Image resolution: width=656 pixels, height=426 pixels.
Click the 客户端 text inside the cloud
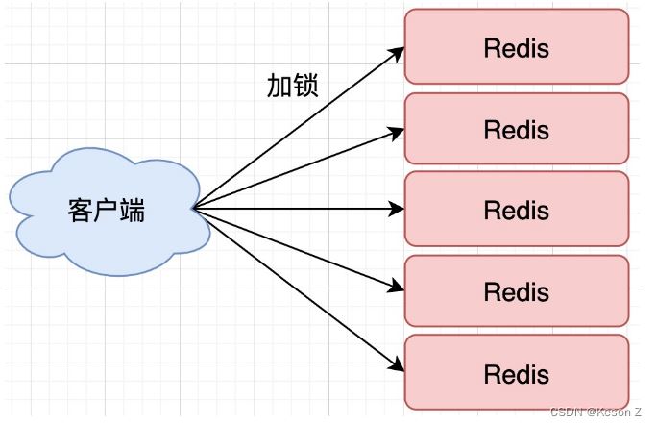[x=107, y=211]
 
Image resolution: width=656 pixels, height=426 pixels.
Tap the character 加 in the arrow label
[x=279, y=86]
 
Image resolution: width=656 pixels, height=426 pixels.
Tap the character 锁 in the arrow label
[x=305, y=86]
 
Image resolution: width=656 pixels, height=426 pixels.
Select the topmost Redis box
[x=517, y=47]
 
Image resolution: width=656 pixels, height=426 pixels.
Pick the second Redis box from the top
[x=517, y=129]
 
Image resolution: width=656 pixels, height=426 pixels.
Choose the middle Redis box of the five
[x=517, y=209]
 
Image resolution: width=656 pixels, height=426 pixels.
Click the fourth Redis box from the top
[x=517, y=290]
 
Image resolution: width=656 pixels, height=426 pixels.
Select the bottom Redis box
[x=517, y=372]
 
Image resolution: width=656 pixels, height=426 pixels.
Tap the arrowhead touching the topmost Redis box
[x=396, y=53]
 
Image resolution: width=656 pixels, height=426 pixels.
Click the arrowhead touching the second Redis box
[x=396, y=132]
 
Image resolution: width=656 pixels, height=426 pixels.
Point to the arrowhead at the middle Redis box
[x=396, y=209]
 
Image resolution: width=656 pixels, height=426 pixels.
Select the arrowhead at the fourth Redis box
[x=396, y=286]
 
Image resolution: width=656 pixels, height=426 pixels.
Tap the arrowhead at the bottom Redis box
[x=396, y=364]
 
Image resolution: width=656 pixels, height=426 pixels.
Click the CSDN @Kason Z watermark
[x=595, y=412]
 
